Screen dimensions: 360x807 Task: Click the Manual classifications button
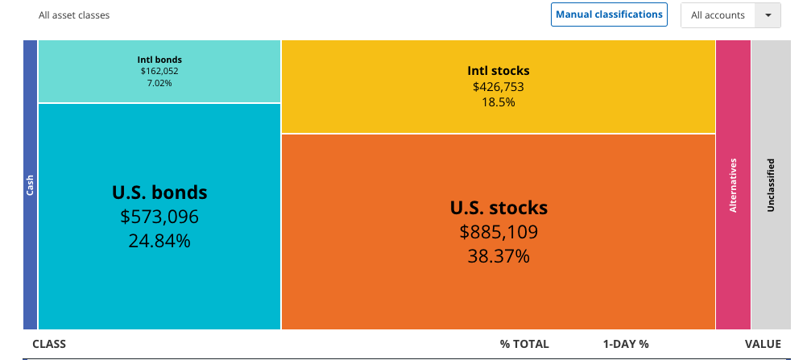[x=609, y=14]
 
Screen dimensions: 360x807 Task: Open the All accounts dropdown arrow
[x=768, y=15]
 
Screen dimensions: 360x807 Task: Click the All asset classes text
[x=74, y=15]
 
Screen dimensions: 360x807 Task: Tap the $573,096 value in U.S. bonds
[x=159, y=217]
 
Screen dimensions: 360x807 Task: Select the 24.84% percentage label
[x=159, y=240]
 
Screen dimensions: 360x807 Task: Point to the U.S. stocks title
[x=499, y=208]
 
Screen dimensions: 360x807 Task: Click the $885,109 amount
[x=499, y=233]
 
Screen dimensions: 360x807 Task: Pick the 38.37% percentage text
[x=499, y=256]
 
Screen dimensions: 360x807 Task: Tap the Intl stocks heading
[x=499, y=71]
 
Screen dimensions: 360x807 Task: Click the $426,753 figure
[x=499, y=86]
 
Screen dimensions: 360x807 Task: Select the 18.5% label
[x=499, y=102]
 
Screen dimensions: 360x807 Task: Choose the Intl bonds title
[x=159, y=60]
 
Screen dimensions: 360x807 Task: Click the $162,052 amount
[x=159, y=71]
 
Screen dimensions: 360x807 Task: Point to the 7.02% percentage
[x=159, y=82]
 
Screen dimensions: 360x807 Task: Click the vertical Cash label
[x=30, y=185]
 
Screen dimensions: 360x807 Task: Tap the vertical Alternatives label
[x=733, y=185]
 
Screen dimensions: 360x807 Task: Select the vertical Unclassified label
[x=771, y=185]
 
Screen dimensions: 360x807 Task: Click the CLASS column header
[x=49, y=344]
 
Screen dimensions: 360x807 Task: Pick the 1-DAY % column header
[x=625, y=344]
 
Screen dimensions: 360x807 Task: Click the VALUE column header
[x=763, y=344]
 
